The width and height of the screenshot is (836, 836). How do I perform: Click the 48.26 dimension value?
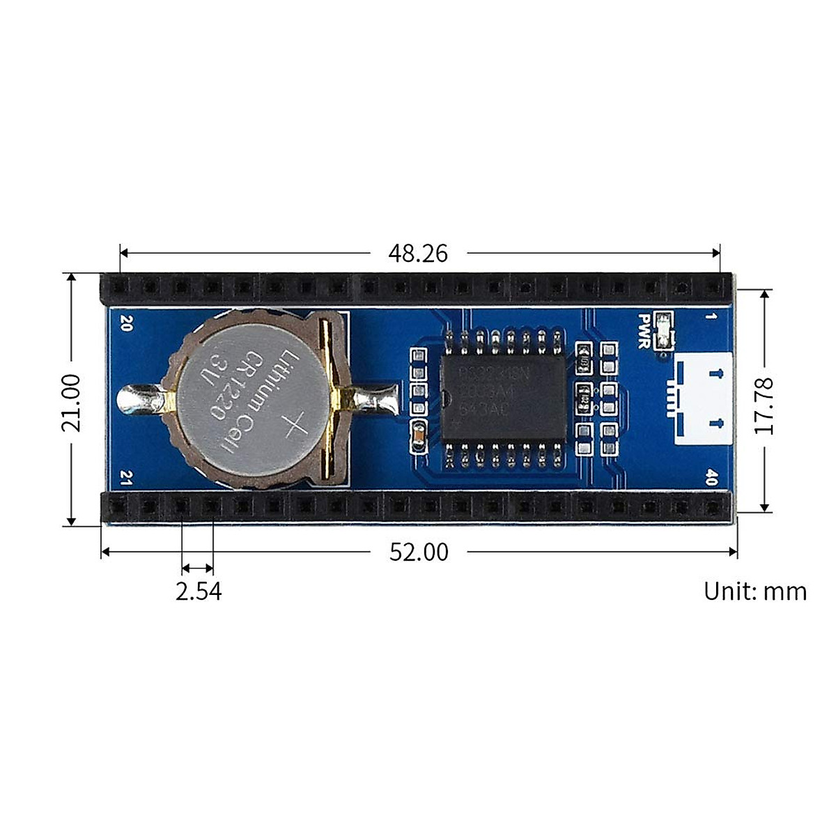coord(418,253)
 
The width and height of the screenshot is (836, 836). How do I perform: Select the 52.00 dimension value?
coord(418,552)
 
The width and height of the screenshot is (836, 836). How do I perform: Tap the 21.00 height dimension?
coord(71,403)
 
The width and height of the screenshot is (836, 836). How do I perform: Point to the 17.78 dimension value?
coord(765,405)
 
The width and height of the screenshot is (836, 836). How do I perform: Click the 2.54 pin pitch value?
coord(199,591)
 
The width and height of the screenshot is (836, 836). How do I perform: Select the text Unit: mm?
coord(754,591)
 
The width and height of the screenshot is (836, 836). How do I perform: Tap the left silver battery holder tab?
coord(139,401)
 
